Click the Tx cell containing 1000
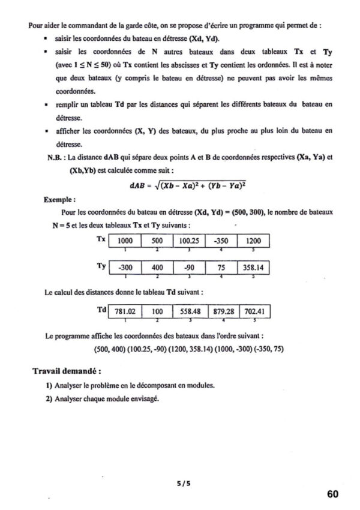pyautogui.click(x=125, y=241)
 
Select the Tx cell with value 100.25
pyautogui.click(x=188, y=241)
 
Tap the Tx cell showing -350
pyautogui.click(x=221, y=241)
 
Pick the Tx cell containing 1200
pyautogui.click(x=254, y=241)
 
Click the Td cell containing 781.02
pyautogui.click(x=125, y=311)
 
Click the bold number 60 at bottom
pyautogui.click(x=334, y=494)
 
